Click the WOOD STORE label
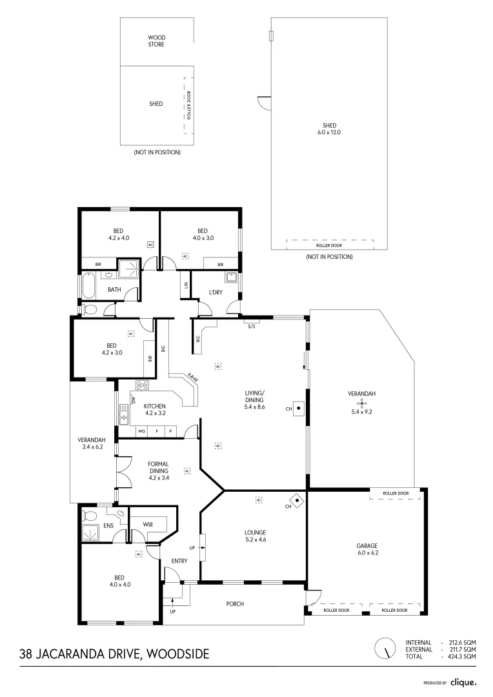click(x=157, y=41)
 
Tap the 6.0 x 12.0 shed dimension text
click(x=330, y=132)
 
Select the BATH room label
click(x=114, y=290)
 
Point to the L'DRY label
click(x=216, y=292)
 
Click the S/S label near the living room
click(x=252, y=327)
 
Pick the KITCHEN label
click(x=156, y=405)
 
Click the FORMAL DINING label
click(x=158, y=467)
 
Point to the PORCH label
click(x=235, y=604)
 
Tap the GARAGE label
click(x=367, y=546)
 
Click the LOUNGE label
click(x=255, y=532)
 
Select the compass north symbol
click(x=385, y=647)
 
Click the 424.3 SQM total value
click(x=463, y=656)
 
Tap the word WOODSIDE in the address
click(x=178, y=654)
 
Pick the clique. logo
click(x=463, y=682)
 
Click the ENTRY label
click(x=179, y=561)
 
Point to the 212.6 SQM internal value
click(x=463, y=642)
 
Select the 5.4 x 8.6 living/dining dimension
click(x=255, y=407)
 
